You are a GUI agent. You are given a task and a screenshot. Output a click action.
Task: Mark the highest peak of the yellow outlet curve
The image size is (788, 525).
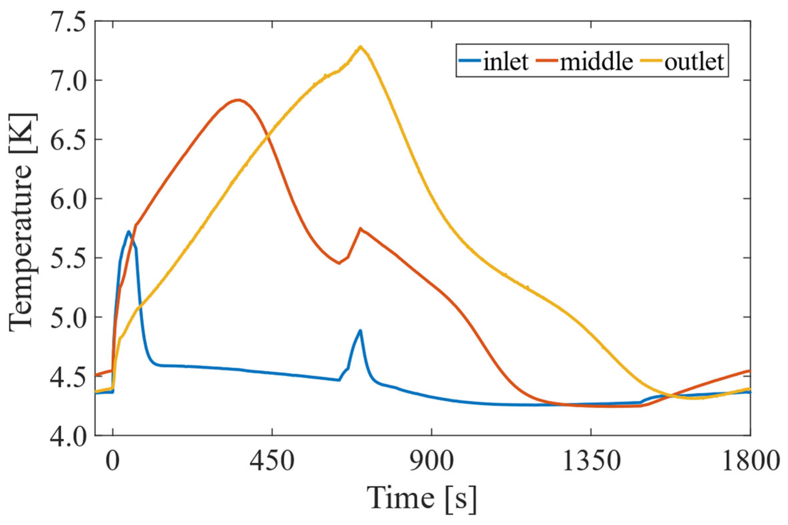[x=361, y=47]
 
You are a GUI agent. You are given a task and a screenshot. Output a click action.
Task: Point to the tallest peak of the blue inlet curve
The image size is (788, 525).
[x=128, y=231]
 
